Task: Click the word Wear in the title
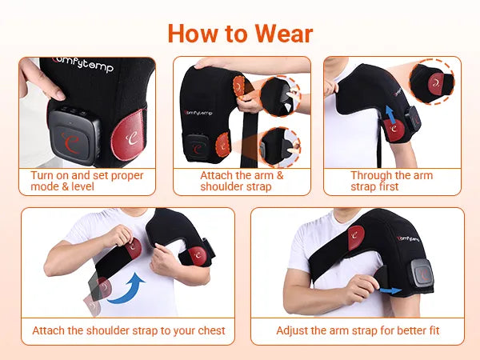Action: click(x=283, y=34)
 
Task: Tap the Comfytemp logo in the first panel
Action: click(x=83, y=64)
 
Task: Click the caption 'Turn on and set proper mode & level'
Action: click(x=87, y=181)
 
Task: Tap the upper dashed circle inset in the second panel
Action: click(x=281, y=96)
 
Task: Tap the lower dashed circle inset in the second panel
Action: click(x=280, y=147)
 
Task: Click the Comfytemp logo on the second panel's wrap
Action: click(x=199, y=113)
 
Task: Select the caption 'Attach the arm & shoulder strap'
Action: click(x=242, y=181)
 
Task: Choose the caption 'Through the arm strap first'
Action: click(x=391, y=181)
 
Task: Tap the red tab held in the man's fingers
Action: click(x=133, y=248)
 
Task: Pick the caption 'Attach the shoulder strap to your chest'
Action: click(x=129, y=330)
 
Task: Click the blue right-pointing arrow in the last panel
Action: click(x=390, y=290)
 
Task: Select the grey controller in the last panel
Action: click(x=422, y=274)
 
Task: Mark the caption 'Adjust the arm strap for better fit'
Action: click(x=358, y=330)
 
